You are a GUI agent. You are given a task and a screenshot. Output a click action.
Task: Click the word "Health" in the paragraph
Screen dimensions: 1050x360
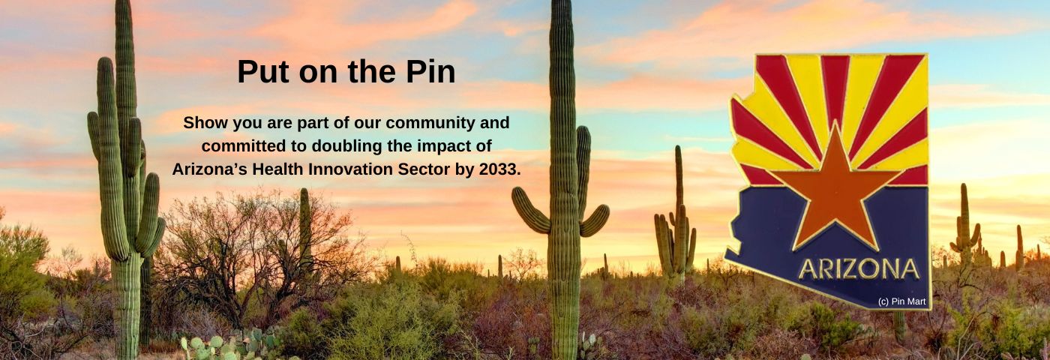coord(278,169)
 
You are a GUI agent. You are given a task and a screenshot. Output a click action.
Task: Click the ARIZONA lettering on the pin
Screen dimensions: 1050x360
coord(859,269)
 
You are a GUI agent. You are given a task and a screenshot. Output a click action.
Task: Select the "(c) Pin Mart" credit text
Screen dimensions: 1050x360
coord(901,301)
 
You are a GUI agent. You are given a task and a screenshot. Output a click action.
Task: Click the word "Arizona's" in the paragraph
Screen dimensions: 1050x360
coord(210,169)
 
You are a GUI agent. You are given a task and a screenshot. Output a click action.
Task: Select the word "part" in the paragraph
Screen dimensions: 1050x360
coord(313,124)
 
